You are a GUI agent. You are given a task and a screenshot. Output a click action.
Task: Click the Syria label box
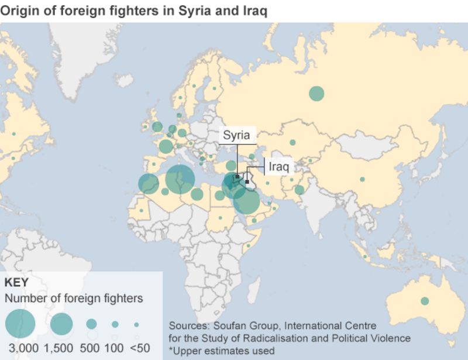click(237, 135)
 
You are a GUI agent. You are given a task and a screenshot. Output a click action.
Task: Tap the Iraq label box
click(278, 166)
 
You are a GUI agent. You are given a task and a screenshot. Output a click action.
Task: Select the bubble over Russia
click(316, 93)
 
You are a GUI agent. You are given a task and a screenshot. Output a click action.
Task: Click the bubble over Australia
click(425, 301)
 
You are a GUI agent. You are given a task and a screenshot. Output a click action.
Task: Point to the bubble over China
click(362, 179)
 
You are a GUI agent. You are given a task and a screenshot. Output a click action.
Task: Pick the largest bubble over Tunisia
click(180, 179)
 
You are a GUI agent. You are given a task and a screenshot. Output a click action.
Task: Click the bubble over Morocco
click(149, 184)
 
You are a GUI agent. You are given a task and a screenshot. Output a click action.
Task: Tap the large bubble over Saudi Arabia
click(246, 202)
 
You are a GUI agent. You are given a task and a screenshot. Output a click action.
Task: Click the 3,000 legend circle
click(20, 323)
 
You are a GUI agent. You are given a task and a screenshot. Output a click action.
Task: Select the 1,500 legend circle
click(61, 324)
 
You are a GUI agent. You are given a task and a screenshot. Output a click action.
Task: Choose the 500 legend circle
click(91, 324)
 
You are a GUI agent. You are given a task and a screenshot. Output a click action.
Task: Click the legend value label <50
click(140, 348)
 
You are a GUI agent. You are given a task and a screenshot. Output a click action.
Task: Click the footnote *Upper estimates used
click(221, 350)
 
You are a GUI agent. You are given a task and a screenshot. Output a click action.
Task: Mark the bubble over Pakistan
click(299, 190)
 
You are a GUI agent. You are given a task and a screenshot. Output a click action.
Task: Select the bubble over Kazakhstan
click(292, 142)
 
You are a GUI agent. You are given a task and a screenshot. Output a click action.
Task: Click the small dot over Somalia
click(248, 245)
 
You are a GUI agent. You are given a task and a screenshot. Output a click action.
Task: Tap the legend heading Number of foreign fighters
click(74, 299)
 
